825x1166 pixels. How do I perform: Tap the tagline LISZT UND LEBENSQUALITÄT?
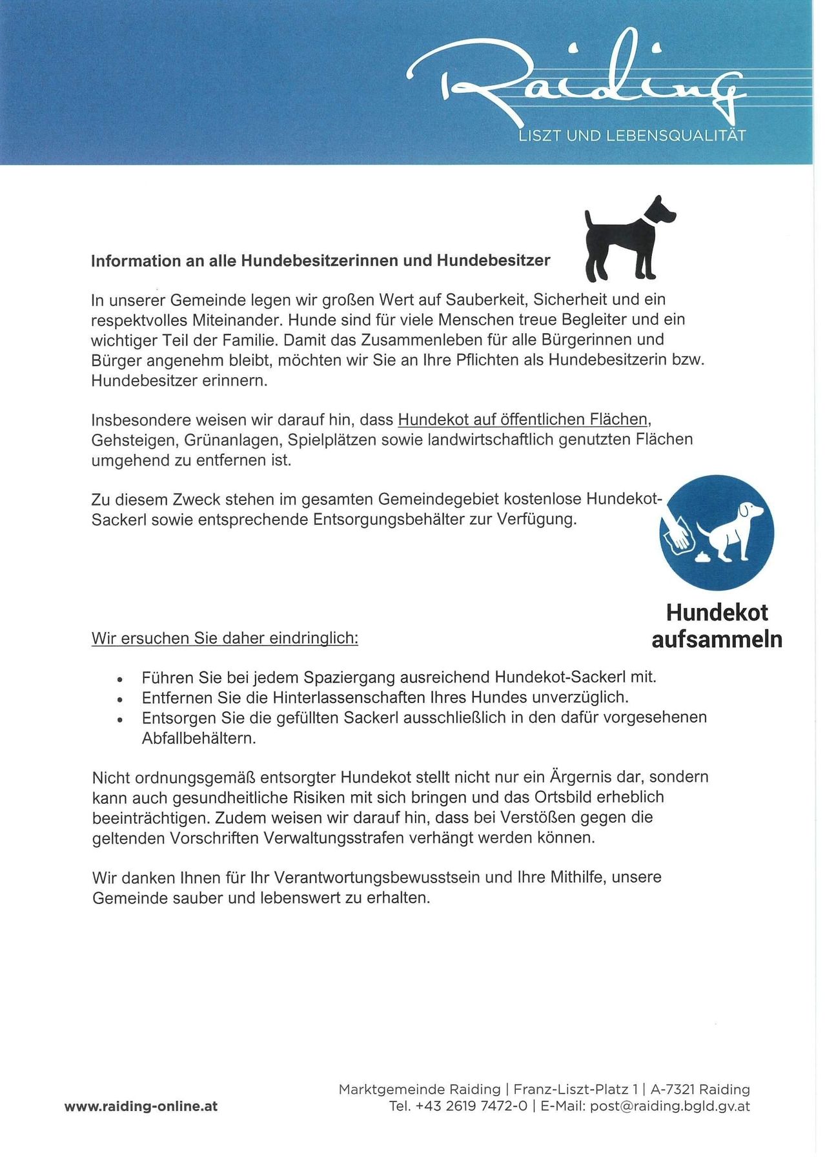pyautogui.click(x=632, y=136)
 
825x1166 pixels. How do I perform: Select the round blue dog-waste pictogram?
pyautogui.click(x=717, y=533)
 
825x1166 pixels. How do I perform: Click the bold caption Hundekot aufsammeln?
pyautogui.click(x=717, y=626)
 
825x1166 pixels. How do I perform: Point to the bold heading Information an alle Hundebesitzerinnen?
pyautogui.click(x=320, y=261)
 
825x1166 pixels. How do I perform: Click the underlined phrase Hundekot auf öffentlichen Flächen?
pyautogui.click(x=522, y=420)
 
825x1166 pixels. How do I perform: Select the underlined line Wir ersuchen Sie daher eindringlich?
pyautogui.click(x=225, y=639)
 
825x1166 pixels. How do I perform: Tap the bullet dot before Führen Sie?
pyautogui.click(x=119, y=679)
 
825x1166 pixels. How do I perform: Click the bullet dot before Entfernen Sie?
pyautogui.click(x=119, y=699)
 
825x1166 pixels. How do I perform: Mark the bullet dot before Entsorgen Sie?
pyautogui.click(x=119, y=719)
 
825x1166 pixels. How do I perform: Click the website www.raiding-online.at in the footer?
pyautogui.click(x=141, y=1107)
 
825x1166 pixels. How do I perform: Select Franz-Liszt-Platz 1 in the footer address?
pyautogui.click(x=574, y=1090)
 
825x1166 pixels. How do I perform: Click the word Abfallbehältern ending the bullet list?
pyautogui.click(x=199, y=739)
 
